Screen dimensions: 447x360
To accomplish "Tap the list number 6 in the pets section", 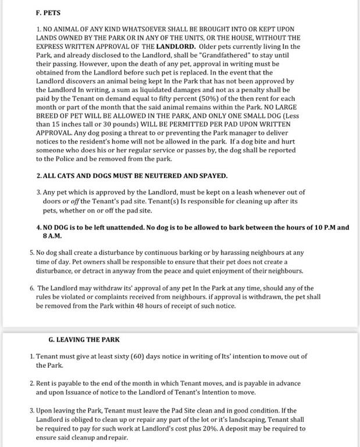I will click(31, 288).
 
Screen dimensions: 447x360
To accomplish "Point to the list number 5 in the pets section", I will click(31, 253).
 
